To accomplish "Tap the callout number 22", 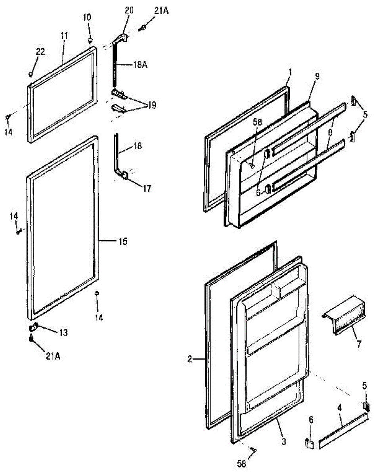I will [x=41, y=51].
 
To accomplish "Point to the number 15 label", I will [x=123, y=241].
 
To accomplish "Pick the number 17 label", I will [x=147, y=189].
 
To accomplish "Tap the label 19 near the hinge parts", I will [x=151, y=105].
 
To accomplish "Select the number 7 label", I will [x=358, y=343].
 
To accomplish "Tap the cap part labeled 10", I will [x=90, y=40].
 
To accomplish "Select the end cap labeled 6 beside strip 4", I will [x=310, y=443].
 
